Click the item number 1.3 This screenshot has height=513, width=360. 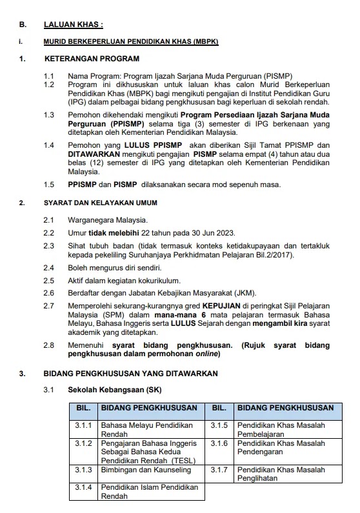(x=49, y=114)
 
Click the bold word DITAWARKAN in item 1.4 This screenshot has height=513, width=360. (x=92, y=155)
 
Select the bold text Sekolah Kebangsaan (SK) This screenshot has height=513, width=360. (x=106, y=390)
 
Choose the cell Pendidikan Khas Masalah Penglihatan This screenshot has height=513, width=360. (x=279, y=474)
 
